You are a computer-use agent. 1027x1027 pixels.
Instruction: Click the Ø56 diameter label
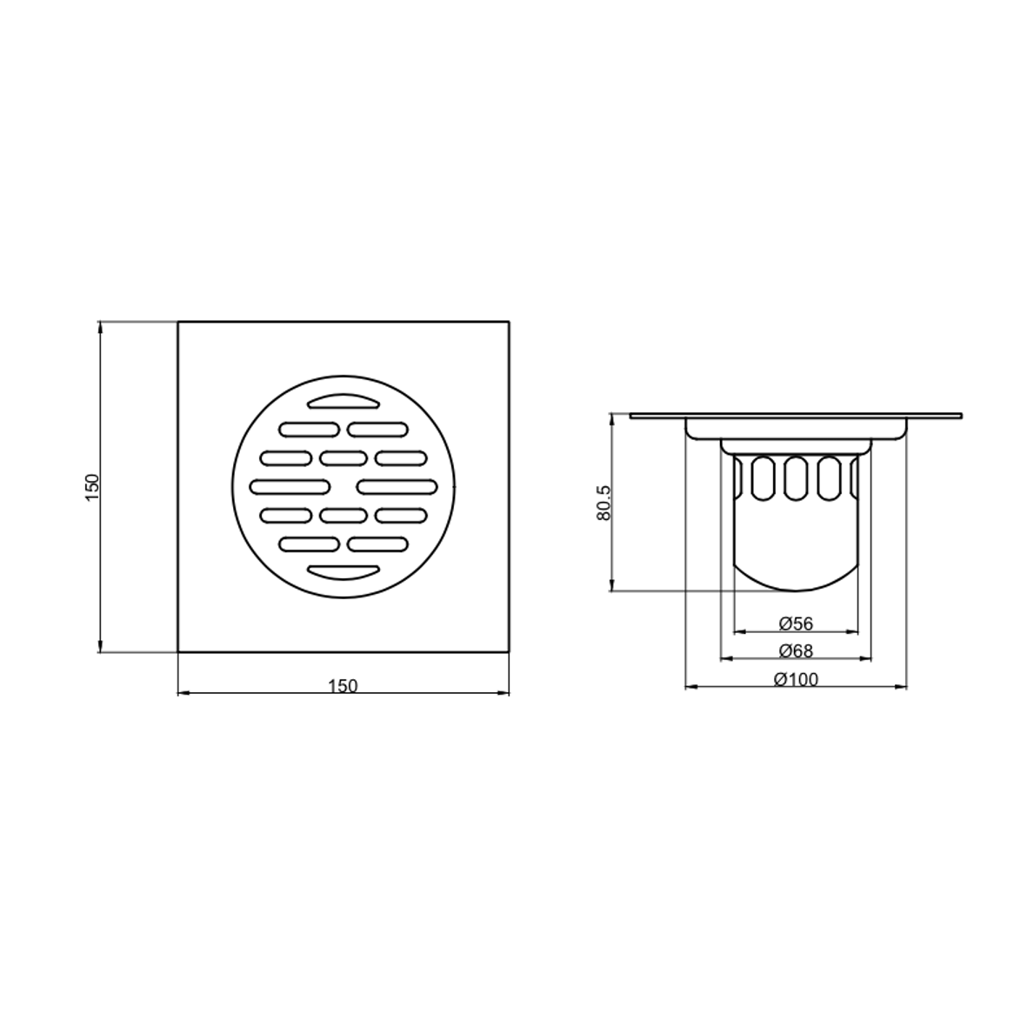(x=796, y=624)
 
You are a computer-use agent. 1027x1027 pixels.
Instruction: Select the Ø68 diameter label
(x=796, y=651)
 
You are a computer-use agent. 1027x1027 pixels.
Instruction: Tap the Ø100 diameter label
(x=796, y=680)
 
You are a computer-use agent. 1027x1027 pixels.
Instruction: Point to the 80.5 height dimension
(x=604, y=503)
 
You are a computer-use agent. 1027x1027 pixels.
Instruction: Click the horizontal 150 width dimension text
(x=343, y=686)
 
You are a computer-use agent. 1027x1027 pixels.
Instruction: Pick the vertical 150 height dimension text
(x=91, y=487)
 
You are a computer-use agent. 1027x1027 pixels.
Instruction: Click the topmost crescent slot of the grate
(x=343, y=401)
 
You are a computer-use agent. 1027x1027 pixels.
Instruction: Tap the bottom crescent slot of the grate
(x=343, y=572)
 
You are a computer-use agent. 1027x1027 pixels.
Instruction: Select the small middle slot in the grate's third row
(x=343, y=457)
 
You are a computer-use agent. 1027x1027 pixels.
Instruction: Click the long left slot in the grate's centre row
(x=290, y=487)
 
